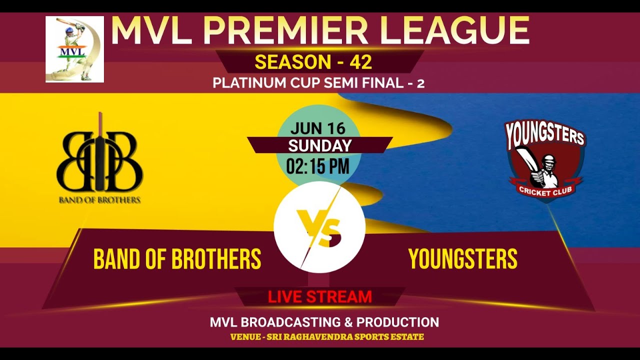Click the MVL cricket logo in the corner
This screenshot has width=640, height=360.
tap(74, 49)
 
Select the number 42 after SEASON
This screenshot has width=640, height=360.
tap(361, 62)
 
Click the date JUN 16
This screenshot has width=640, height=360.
tap(318, 128)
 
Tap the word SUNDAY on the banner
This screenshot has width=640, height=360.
tap(319, 145)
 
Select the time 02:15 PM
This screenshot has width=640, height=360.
tap(318, 165)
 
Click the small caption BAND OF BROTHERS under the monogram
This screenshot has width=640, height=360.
tap(99, 200)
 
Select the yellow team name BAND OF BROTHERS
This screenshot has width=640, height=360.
tap(177, 259)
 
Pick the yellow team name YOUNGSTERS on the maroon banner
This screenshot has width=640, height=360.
tap(463, 259)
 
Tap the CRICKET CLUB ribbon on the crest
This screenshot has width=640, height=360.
tap(545, 190)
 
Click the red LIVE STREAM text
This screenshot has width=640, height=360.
tap(320, 297)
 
